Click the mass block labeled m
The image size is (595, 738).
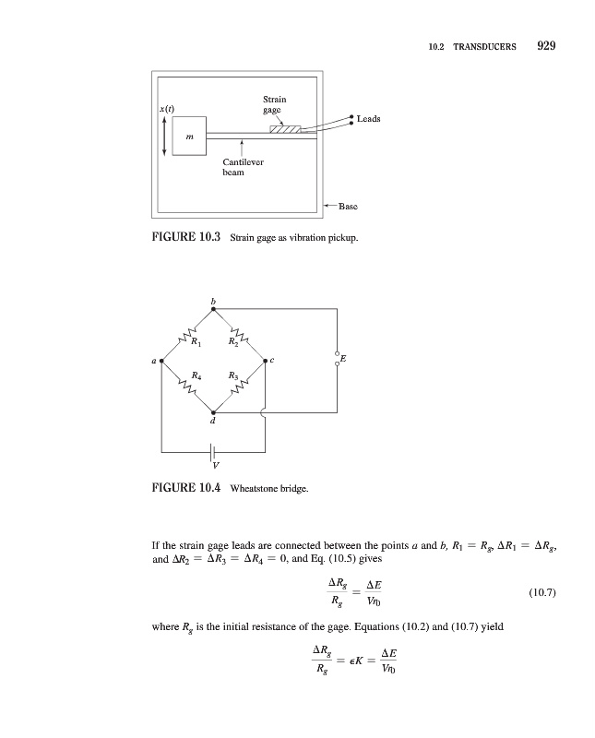click(189, 136)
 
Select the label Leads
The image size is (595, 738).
click(368, 119)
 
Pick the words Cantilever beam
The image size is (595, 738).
click(243, 167)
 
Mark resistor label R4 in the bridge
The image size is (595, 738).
click(196, 375)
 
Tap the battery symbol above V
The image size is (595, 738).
click(213, 452)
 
